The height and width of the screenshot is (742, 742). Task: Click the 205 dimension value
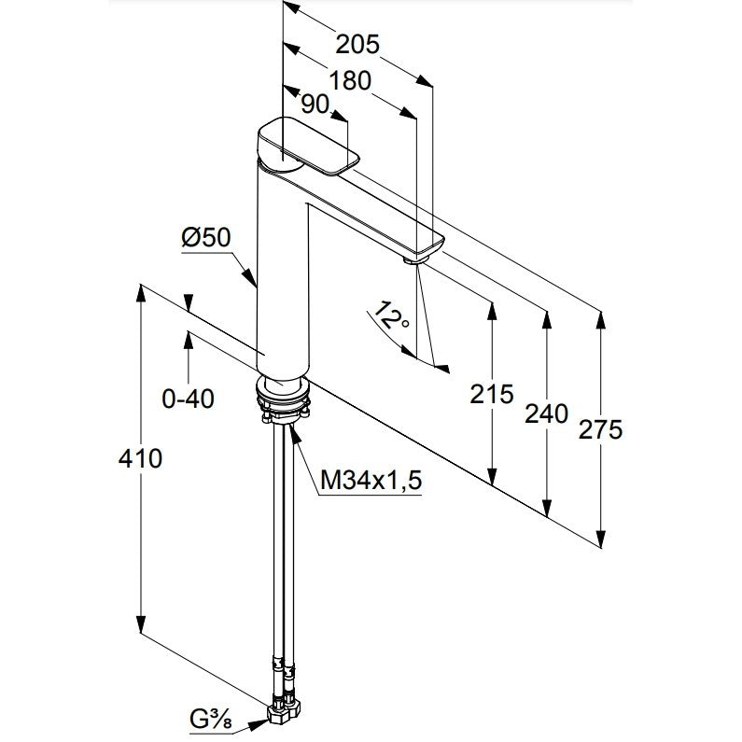coord(357,45)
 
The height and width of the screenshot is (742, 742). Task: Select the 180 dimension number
coord(350,81)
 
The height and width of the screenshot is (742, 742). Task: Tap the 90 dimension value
coord(315,105)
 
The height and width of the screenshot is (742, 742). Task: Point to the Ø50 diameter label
coord(206,237)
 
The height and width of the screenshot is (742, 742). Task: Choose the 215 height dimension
coord(492,394)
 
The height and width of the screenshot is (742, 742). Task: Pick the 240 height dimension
coord(547,414)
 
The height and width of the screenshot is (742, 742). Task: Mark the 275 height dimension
coord(600,430)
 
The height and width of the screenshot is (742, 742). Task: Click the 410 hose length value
coord(140,458)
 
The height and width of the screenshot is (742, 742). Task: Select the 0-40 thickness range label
coord(188,399)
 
